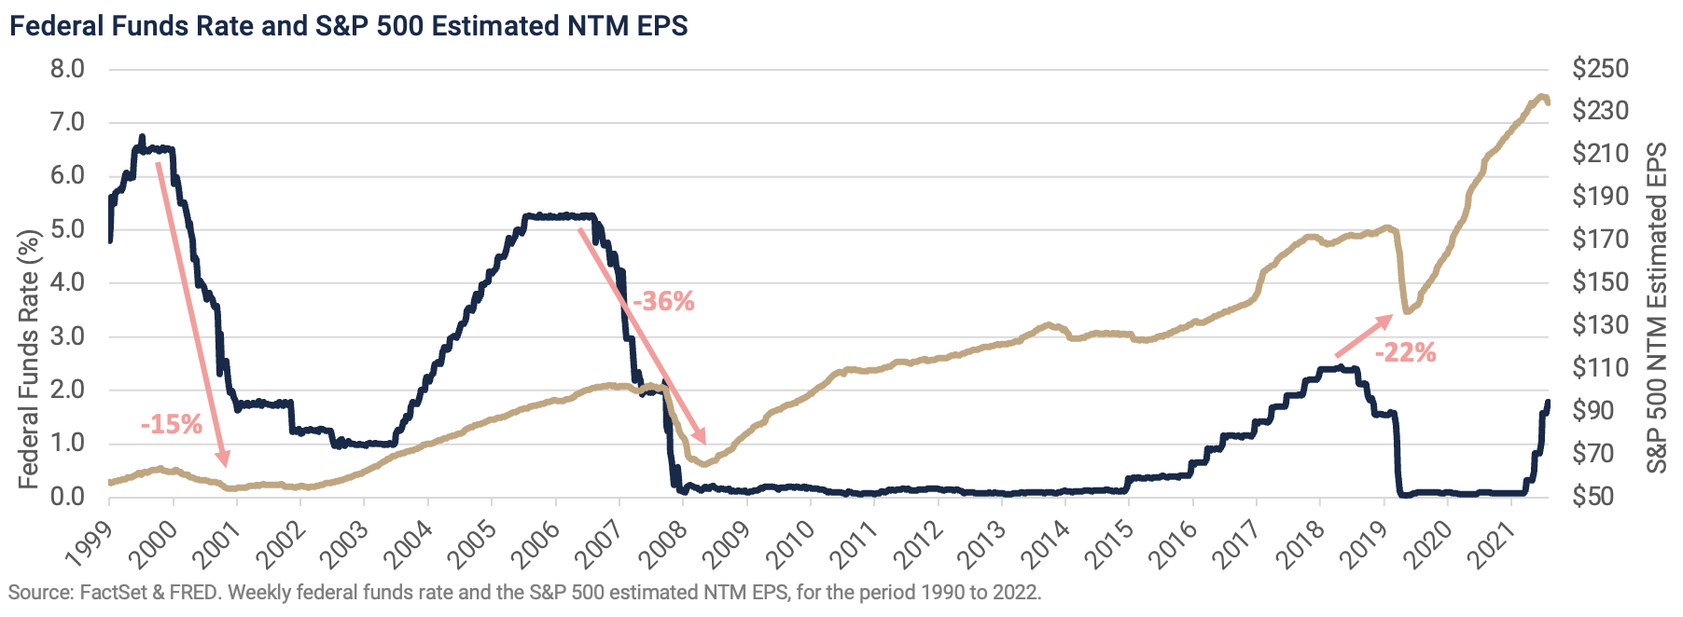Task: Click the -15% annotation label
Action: click(172, 425)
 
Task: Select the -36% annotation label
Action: click(663, 302)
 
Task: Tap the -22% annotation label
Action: click(1405, 352)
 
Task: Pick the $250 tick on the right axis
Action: click(1600, 69)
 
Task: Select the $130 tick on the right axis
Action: click(1600, 325)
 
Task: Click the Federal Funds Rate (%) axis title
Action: click(29, 359)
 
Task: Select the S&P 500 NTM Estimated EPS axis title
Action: click(1657, 308)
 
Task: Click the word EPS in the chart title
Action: click(662, 26)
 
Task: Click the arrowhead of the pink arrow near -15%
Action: click(223, 459)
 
